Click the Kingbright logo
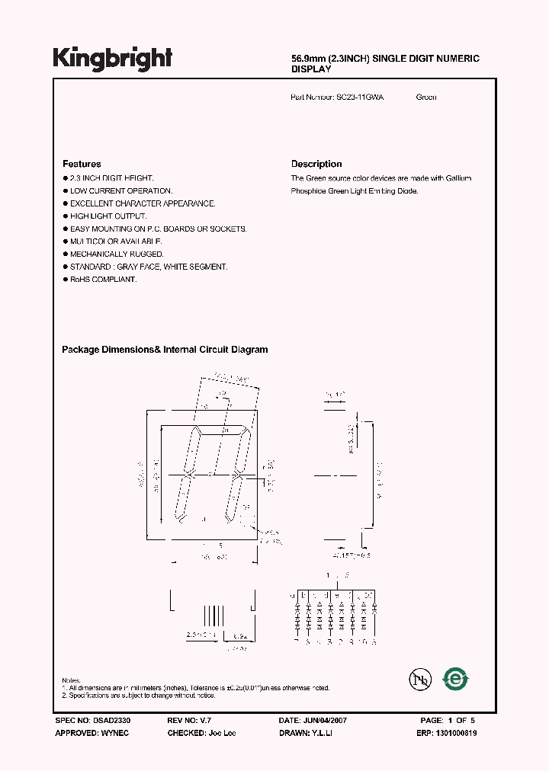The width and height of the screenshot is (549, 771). (x=112, y=59)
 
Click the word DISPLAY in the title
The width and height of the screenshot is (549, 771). (x=311, y=69)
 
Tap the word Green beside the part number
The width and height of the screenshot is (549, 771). (x=426, y=98)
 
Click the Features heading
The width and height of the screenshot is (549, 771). (x=82, y=164)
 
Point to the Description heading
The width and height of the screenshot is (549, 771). (x=316, y=164)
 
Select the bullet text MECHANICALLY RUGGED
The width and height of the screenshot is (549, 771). (x=117, y=254)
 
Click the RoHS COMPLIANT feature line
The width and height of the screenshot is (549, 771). (x=103, y=280)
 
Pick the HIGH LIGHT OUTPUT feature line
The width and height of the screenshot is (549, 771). (x=108, y=216)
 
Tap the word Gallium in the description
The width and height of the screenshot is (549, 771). (x=457, y=178)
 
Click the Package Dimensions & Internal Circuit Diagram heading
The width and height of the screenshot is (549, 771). (x=165, y=350)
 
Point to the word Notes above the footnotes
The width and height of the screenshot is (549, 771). (x=72, y=680)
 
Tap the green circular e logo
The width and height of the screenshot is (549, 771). (x=455, y=679)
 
